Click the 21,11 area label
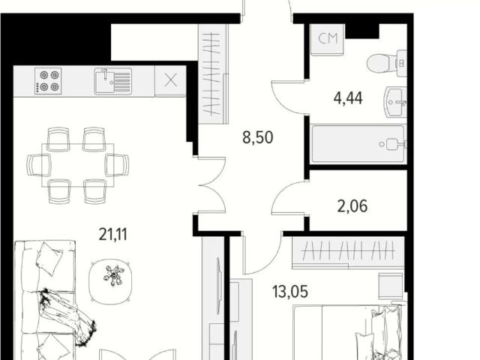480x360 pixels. tap(112, 235)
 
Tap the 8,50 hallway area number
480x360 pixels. tap(257, 137)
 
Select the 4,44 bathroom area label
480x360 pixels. tap(348, 98)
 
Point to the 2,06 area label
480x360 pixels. tap(352, 205)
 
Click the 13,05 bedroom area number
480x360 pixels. tap(290, 291)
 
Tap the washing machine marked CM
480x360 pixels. tap(328, 40)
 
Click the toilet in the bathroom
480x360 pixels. tap(387, 63)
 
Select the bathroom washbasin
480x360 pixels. tap(395, 102)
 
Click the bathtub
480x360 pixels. tap(358, 144)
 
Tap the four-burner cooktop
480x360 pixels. tap(48, 81)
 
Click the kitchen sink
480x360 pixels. tap(113, 81)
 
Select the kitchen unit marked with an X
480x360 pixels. tap(170, 81)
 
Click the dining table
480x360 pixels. tap(78, 165)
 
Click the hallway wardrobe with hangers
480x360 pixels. tap(213, 74)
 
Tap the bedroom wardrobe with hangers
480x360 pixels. tap(348, 253)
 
